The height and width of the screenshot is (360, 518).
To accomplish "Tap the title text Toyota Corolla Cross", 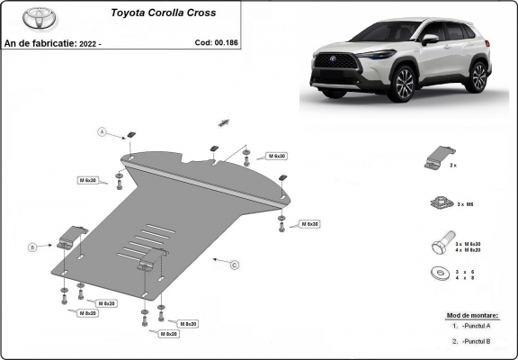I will pos(163,13).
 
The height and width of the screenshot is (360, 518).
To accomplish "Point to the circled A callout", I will pos(103,132).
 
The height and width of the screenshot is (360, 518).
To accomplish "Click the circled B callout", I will pos(32,246).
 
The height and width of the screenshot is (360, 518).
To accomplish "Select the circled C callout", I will pos(235,265).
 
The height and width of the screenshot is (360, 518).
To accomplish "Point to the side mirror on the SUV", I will pos(431,40).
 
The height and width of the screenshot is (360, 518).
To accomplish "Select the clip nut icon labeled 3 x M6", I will pos(441,203).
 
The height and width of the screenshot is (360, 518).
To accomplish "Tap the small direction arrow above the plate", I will pos(225,121).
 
